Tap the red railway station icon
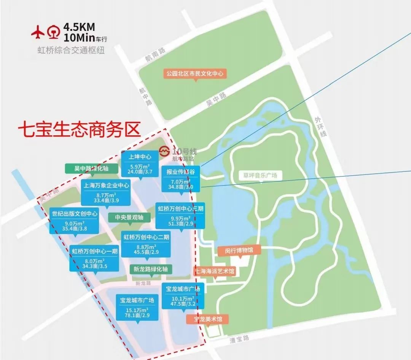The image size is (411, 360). pos(54,32)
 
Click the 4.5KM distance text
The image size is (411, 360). pos(79,27)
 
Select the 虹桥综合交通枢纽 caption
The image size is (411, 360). pos(70,50)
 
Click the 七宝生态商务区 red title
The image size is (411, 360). pos(79,129)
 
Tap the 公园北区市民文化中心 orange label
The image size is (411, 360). pos(195,73)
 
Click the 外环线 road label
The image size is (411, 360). pos(318,127)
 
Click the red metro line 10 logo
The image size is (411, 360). pos(164,151)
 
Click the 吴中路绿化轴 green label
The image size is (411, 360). pos(91,169)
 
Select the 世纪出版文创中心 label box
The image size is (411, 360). pos(74,221)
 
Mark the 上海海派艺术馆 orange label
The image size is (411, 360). pos(215,271)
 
